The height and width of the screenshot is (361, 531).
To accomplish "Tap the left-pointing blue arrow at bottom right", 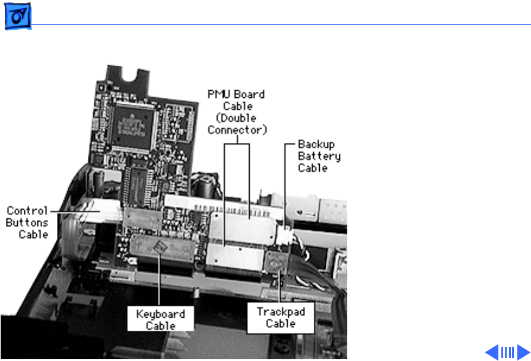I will [x=492, y=352].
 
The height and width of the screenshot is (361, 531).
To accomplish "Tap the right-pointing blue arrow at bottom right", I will [x=522, y=352].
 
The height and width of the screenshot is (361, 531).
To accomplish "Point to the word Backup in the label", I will [x=316, y=145].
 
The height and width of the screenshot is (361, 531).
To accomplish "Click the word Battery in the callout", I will [x=319, y=156].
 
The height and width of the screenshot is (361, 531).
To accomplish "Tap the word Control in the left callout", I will [x=27, y=211].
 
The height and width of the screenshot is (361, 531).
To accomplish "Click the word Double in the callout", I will [x=237, y=118].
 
